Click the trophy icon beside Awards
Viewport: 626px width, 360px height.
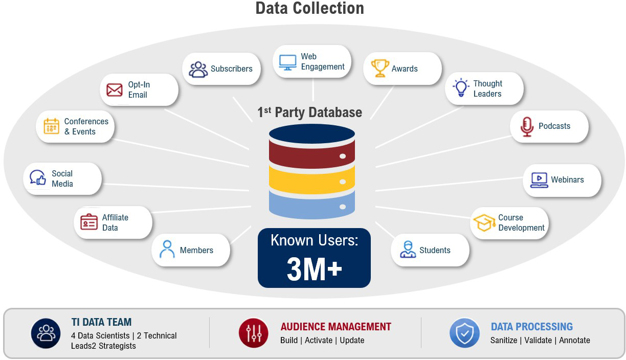coord(380,68)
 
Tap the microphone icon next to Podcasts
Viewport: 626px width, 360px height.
coord(527,127)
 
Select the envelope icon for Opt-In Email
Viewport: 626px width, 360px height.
coord(114,89)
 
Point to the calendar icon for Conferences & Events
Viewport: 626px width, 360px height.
coord(52,126)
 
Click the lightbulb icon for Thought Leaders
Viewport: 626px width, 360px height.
coord(461,87)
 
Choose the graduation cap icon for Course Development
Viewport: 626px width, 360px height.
coord(484,222)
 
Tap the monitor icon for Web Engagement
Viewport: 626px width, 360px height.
coord(287,62)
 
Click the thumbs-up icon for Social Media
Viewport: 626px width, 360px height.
coord(38,177)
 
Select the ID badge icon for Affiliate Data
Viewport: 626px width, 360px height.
coord(89,222)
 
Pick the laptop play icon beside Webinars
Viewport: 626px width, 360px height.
coord(539,180)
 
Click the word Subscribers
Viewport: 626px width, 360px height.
coord(231,69)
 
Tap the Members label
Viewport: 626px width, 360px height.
coord(196,250)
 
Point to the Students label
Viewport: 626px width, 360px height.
coord(435,250)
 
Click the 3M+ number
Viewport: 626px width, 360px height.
coord(315,269)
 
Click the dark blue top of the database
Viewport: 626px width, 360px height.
coord(312,134)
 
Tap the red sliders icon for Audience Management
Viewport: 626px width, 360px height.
coord(254,333)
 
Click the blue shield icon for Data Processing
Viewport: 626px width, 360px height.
coord(464,333)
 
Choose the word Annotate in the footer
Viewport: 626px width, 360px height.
coord(574,341)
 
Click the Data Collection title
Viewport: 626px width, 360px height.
coord(309,8)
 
